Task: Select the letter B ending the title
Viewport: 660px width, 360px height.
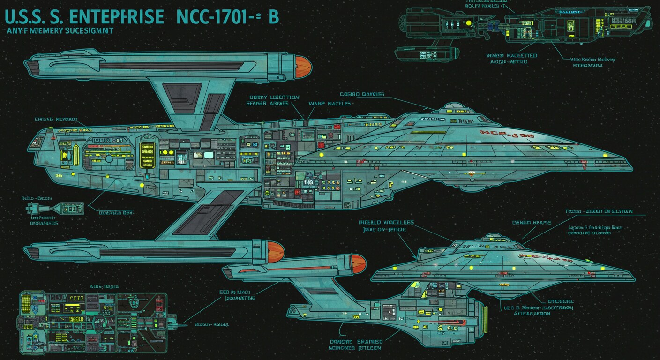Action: point(273,17)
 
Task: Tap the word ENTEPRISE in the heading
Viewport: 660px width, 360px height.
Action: point(116,17)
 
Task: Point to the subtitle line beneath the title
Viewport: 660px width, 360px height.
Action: point(60,31)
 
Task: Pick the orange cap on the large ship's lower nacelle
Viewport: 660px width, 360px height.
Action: point(276,252)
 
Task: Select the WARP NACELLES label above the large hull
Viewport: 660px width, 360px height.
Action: point(329,103)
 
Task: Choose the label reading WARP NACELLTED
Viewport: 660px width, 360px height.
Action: point(511,56)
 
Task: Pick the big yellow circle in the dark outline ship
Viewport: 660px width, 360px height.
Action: point(468,22)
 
